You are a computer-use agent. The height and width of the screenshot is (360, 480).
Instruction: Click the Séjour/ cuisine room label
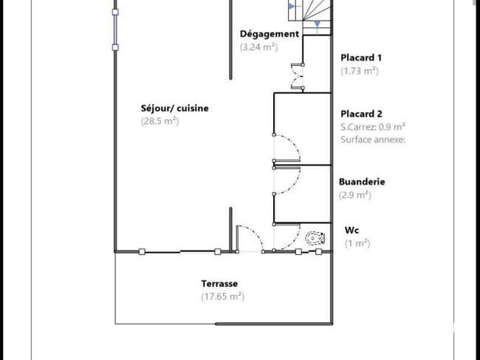(174, 108)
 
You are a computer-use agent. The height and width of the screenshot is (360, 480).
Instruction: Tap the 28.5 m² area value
(160, 121)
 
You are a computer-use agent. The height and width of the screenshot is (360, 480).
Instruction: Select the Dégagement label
(270, 34)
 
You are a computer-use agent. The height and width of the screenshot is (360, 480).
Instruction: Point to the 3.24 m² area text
(259, 47)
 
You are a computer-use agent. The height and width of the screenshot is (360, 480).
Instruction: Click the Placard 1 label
(361, 58)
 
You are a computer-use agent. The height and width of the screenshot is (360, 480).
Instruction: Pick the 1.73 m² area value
(360, 71)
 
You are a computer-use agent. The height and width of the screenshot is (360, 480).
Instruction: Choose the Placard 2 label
(362, 114)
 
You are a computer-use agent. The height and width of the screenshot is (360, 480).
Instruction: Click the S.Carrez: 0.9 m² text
(373, 126)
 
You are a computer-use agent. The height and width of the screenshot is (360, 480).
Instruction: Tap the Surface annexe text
(373, 140)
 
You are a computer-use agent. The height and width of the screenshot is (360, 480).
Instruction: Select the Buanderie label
(362, 182)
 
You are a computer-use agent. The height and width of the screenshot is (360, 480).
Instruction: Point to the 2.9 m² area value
(355, 195)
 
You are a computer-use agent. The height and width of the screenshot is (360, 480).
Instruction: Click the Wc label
(352, 230)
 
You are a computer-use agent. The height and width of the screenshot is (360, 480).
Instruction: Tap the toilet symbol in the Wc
(315, 238)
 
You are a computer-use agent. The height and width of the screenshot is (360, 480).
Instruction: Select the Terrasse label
(219, 283)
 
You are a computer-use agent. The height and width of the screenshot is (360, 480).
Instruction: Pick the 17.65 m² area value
(223, 296)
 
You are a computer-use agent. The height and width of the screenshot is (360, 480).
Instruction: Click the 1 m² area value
(357, 243)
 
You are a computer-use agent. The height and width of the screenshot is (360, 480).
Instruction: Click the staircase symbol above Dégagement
(310, 16)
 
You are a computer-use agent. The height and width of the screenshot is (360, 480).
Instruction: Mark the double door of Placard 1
(297, 77)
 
